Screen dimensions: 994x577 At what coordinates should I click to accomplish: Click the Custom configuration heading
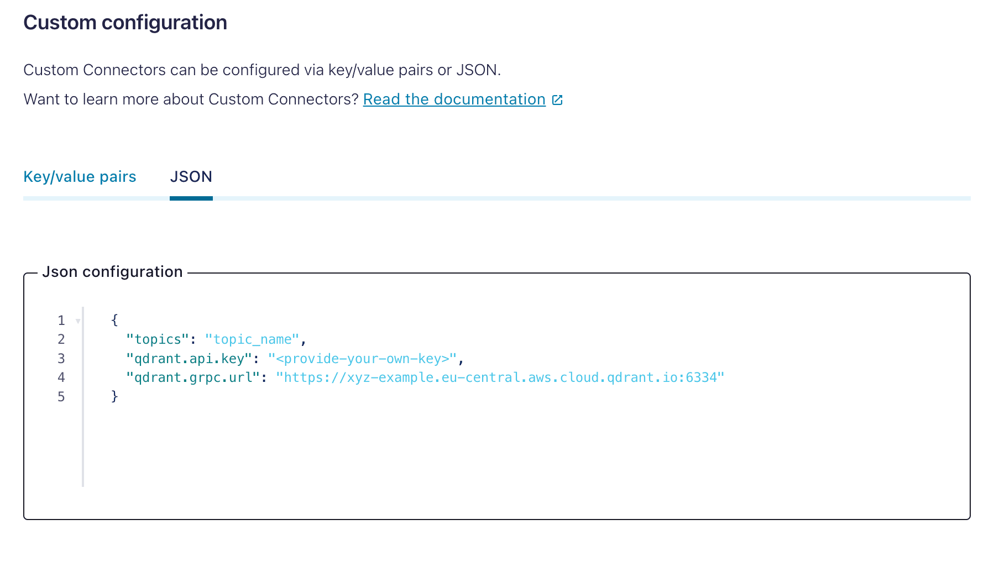[x=125, y=23]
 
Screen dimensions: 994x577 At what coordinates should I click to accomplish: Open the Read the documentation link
[x=454, y=99]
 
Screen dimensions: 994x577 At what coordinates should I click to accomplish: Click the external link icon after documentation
[x=557, y=100]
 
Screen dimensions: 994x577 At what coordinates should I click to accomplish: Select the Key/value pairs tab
[x=80, y=177]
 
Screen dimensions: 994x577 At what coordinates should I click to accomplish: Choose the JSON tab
[x=191, y=177]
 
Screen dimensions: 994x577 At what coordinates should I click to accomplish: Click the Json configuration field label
[x=112, y=272]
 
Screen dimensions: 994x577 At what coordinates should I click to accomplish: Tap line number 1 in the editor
[x=61, y=321]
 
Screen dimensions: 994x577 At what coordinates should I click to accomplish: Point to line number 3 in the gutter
[x=61, y=359]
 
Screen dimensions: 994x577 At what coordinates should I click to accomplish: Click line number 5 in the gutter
[x=61, y=397]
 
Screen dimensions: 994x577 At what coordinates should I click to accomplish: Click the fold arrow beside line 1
[x=78, y=321]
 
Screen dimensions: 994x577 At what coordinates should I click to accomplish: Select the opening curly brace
[x=114, y=320]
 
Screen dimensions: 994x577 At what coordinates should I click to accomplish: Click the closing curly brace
[x=114, y=396]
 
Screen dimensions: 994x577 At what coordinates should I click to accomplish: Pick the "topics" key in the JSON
[x=158, y=339]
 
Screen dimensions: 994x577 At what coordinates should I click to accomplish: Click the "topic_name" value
[x=252, y=339]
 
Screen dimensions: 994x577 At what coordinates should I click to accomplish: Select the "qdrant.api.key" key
[x=189, y=359]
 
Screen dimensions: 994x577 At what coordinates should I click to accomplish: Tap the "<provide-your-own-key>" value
[x=363, y=359]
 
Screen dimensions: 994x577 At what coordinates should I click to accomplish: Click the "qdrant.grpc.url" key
[x=193, y=377]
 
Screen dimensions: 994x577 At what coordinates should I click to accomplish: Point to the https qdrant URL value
[x=500, y=377]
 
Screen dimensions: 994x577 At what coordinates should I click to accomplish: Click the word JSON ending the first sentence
[x=476, y=70]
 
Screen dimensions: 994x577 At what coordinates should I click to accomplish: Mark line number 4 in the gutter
[x=61, y=377]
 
